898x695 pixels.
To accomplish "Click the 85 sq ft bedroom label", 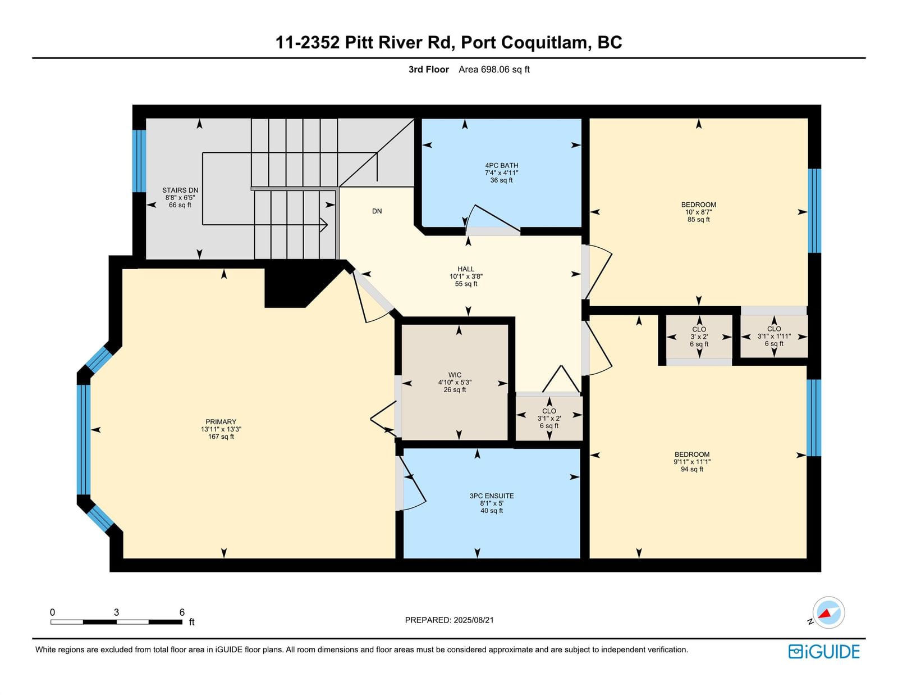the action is [698, 212].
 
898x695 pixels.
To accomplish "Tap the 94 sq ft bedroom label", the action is [692, 462].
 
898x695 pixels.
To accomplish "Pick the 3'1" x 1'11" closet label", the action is [773, 337].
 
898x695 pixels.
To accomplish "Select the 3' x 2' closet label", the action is [699, 337].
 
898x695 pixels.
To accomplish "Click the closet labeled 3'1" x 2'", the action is [549, 418].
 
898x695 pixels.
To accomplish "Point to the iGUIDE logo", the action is [823, 652].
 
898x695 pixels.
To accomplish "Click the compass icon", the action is [828, 612].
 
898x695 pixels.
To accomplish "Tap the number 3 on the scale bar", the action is [116, 612].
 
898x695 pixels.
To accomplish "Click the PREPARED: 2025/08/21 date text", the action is [449, 620].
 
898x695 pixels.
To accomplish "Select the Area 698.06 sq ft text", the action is [494, 70].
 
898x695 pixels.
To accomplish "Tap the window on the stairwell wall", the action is [139, 161].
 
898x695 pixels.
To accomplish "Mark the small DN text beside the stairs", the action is [377, 211].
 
